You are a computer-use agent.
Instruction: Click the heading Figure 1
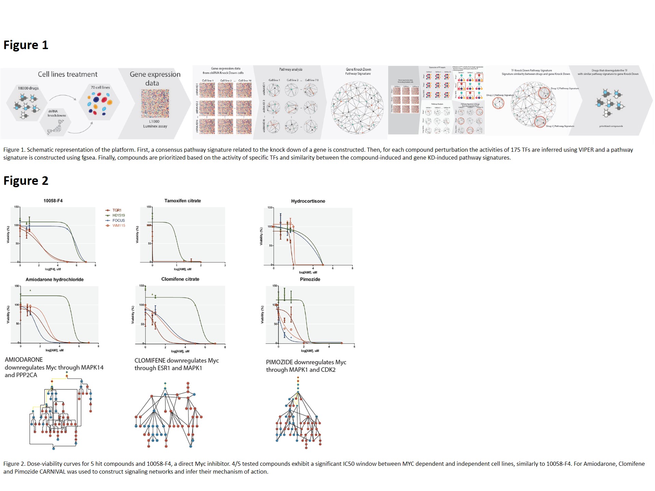26,45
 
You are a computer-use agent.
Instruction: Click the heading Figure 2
26,181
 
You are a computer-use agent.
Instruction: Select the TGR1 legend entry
117,210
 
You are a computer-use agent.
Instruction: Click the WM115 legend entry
118,226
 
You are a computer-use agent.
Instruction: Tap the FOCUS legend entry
118,221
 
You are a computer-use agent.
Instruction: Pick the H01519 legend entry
118,215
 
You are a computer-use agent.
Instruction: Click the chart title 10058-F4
53,201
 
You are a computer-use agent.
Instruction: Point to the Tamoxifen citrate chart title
183,201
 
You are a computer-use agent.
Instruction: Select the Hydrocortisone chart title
308,201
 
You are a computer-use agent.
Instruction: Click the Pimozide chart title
310,279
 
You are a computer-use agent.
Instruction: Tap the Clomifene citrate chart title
180,279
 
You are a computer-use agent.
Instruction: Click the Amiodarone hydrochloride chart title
55,280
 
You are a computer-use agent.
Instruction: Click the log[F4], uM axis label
53,269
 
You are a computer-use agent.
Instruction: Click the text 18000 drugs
28,88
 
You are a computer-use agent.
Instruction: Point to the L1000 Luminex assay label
155,124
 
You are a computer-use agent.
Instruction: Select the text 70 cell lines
100,87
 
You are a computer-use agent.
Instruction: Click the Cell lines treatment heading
68,74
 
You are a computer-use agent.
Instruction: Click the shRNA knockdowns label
57,113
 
